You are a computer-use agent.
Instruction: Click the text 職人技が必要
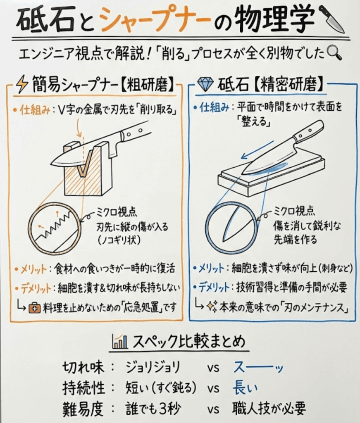tap(269, 409)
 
